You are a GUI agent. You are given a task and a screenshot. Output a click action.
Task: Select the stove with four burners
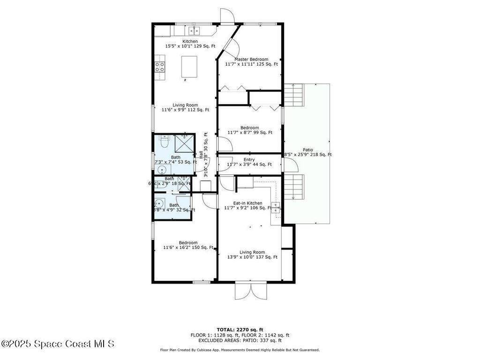point(160,67)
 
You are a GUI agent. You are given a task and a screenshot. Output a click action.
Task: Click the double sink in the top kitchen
point(194,31)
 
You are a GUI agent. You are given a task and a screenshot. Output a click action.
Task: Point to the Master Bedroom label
point(251,59)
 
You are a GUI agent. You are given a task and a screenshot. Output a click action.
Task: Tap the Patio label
point(307,150)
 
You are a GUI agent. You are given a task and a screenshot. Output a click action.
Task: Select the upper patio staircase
point(294,94)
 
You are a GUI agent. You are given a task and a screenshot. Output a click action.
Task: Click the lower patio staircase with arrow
point(294,187)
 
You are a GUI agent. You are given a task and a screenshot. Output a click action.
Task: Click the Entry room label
point(249,160)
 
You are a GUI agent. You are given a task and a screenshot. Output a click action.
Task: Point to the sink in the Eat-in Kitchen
point(276,207)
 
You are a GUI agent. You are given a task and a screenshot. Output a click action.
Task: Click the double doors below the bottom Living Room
point(251,291)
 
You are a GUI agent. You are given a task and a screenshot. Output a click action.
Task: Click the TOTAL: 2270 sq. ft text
point(240,329)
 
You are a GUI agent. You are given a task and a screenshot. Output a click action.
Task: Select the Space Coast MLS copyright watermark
point(57,344)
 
